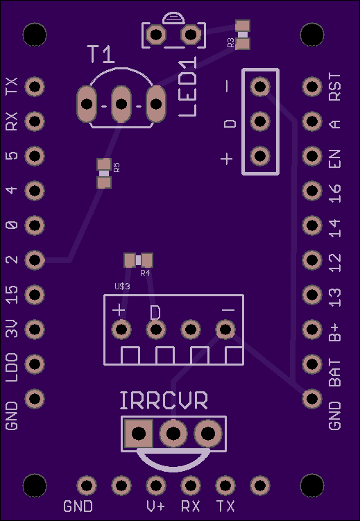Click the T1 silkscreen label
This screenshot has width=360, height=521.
(x=101, y=54)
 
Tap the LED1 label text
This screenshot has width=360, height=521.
(x=188, y=87)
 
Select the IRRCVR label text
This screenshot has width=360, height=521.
(x=164, y=400)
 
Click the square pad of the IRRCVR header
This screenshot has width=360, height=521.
(x=139, y=434)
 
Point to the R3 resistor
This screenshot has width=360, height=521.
(x=243, y=35)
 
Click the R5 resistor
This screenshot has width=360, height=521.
(x=104, y=173)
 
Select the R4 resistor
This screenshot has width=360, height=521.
(x=138, y=260)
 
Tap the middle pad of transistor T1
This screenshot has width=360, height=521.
(x=121, y=104)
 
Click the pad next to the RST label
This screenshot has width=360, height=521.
(x=312, y=87)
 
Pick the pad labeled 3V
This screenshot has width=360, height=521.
(x=35, y=330)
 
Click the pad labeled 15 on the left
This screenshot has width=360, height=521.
(x=35, y=295)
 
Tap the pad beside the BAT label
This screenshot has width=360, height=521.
(x=312, y=364)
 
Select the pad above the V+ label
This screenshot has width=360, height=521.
(x=156, y=486)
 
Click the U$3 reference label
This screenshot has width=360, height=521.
(x=122, y=286)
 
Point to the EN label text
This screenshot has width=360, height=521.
(x=335, y=159)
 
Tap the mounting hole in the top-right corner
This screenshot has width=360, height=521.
(x=312, y=35)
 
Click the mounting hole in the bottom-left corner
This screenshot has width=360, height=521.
(x=35, y=486)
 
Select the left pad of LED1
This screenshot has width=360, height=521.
(x=156, y=35)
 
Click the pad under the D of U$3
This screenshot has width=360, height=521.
(x=156, y=330)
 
